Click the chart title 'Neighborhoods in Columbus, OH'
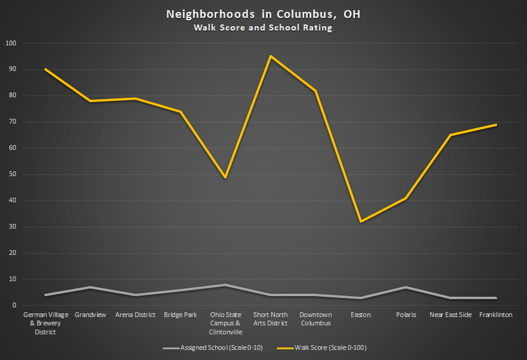[263, 14]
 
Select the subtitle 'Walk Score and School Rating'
[263, 27]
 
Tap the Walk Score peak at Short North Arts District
[271, 56]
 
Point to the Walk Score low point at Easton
[361, 221]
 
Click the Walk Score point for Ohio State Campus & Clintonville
[225, 177]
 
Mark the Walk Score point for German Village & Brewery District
[45, 69]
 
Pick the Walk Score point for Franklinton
[496, 125]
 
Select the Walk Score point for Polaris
[406, 198]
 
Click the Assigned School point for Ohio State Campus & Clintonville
[225, 285]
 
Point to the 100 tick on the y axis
[11, 44]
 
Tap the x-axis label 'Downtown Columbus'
[315, 319]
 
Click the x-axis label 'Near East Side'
[451, 315]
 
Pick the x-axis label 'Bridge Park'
[180, 315]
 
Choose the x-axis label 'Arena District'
[135, 315]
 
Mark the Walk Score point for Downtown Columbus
[315, 91]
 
